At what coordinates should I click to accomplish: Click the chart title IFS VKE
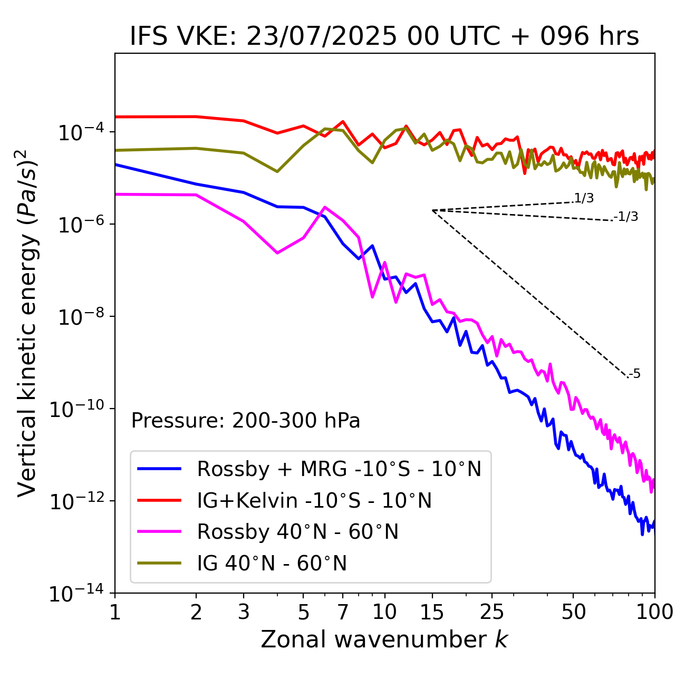pyautogui.click(x=384, y=36)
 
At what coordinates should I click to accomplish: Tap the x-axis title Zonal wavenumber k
pyautogui.click(x=384, y=639)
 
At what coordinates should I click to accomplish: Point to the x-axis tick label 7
pyautogui.click(x=343, y=612)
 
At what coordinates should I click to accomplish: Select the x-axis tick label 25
pyautogui.click(x=491, y=612)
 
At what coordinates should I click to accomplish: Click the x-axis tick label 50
pyautogui.click(x=573, y=612)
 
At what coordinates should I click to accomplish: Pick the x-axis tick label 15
pyautogui.click(x=432, y=612)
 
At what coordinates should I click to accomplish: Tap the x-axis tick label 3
pyautogui.click(x=243, y=612)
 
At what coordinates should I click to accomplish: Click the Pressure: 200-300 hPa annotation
pyautogui.click(x=246, y=421)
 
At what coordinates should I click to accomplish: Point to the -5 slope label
pyautogui.click(x=635, y=374)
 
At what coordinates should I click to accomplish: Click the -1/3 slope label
pyautogui.click(x=626, y=217)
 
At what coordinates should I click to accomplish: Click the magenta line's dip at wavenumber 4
pyautogui.click(x=277, y=253)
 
